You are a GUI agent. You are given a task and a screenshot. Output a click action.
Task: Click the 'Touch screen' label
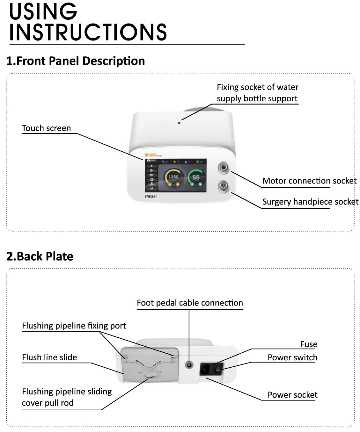[x=46, y=128]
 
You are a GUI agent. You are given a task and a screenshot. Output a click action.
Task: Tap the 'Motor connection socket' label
[x=309, y=181]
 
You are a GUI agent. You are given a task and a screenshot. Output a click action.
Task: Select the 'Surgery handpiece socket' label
[x=310, y=202]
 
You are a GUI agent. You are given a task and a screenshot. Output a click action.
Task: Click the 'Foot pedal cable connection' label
[x=190, y=303]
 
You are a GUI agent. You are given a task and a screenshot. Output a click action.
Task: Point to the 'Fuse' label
[x=308, y=344]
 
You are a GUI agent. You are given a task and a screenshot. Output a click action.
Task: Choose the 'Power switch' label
[x=292, y=358]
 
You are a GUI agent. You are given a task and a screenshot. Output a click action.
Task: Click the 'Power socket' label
[x=292, y=395]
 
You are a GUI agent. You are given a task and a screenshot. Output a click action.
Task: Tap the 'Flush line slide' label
[x=49, y=357]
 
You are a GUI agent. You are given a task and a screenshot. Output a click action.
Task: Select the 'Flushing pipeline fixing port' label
[x=74, y=326]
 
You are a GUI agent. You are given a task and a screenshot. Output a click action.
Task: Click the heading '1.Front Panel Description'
[x=76, y=61]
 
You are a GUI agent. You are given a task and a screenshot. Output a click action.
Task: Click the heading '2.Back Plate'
[x=40, y=256]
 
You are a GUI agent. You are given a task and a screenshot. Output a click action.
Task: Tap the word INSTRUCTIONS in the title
[x=88, y=32]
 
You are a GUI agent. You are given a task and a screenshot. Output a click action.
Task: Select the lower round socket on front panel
[x=223, y=185]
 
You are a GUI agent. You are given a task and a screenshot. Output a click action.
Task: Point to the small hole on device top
[x=179, y=123]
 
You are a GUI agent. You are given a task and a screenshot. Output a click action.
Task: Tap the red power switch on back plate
[x=218, y=369]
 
